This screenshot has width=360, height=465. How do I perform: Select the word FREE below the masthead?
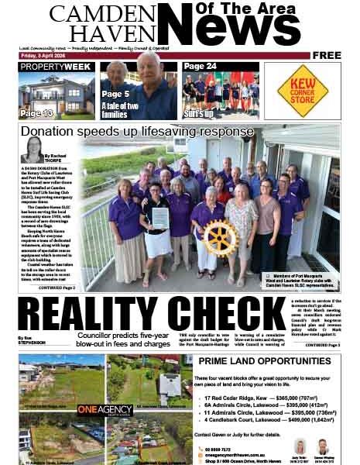[327, 55]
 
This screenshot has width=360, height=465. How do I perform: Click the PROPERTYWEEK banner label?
[56, 67]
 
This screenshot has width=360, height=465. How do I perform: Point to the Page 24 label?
[200, 67]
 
